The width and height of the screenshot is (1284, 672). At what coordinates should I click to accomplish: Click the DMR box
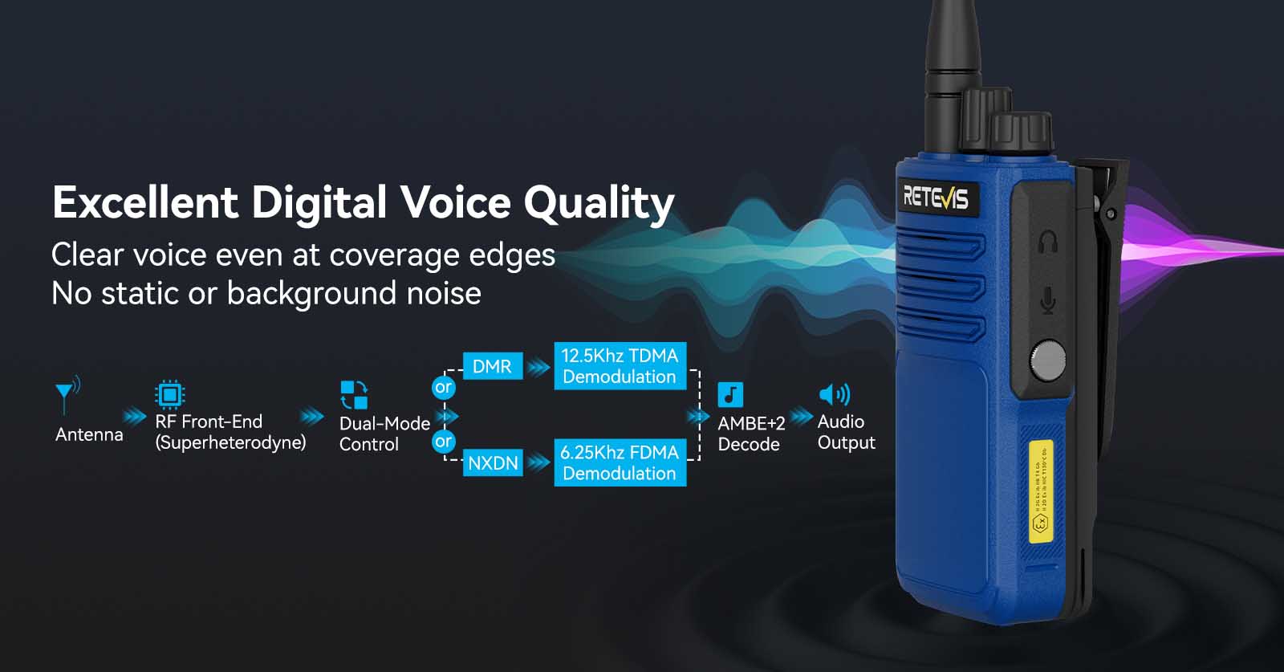click(492, 367)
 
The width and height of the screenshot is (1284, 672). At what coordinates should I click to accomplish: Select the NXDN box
click(493, 463)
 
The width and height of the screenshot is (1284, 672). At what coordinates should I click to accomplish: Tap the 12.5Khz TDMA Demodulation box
click(620, 366)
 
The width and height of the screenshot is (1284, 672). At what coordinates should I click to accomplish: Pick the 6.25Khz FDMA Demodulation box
click(620, 462)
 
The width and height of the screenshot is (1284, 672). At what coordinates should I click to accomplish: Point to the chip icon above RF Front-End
click(169, 394)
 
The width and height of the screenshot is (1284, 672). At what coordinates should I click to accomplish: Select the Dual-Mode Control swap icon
click(354, 395)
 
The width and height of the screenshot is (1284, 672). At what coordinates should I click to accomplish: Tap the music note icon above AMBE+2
click(730, 395)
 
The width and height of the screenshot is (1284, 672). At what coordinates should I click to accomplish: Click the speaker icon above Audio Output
click(834, 394)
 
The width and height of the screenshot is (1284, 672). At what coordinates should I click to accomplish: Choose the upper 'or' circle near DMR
click(443, 388)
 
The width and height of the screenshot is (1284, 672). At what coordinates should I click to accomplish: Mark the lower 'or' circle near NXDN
click(443, 442)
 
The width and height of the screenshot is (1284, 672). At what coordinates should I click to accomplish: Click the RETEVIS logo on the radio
click(935, 197)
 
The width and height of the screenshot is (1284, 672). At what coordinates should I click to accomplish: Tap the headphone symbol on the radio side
click(1047, 242)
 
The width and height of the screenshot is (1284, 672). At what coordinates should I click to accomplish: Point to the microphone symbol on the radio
click(1047, 300)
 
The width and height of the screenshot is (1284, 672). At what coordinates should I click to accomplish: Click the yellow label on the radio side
click(1040, 491)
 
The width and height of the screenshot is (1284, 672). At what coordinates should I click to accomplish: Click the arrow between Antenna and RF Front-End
click(134, 417)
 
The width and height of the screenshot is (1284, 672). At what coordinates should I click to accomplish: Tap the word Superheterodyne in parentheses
click(230, 442)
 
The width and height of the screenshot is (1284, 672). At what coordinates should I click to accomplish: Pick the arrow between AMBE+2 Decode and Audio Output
click(801, 417)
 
